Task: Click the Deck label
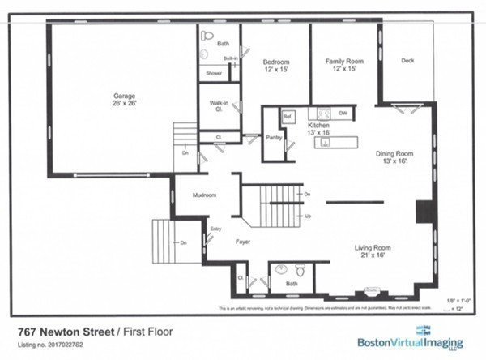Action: (x=408, y=61)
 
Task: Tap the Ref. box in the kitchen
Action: (x=287, y=117)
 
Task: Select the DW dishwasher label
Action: (x=343, y=113)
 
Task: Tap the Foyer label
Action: (x=242, y=242)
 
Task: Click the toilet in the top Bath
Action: (x=207, y=36)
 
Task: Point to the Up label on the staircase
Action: (x=307, y=216)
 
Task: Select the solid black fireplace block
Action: (x=423, y=211)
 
